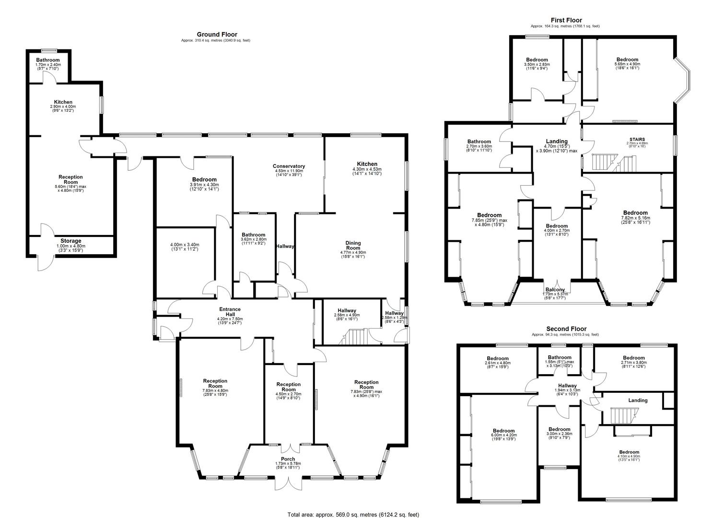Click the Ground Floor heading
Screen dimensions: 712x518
217,35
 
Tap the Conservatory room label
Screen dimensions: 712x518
289,166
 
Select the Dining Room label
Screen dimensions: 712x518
353,246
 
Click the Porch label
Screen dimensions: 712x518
288,459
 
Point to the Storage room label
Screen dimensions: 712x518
71,241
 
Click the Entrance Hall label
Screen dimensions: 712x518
230,312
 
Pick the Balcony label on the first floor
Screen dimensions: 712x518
555,290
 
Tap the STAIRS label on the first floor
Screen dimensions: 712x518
637,139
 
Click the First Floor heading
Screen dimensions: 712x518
566,20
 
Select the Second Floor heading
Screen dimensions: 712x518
566,329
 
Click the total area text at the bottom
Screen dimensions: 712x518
353,515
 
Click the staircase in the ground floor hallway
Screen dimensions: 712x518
353,337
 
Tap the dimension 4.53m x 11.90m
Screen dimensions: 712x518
289,171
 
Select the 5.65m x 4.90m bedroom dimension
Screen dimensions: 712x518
627,64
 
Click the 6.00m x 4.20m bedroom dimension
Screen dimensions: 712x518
504,435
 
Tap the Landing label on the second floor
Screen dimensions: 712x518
638,400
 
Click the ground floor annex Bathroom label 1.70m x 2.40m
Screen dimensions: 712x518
47,60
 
